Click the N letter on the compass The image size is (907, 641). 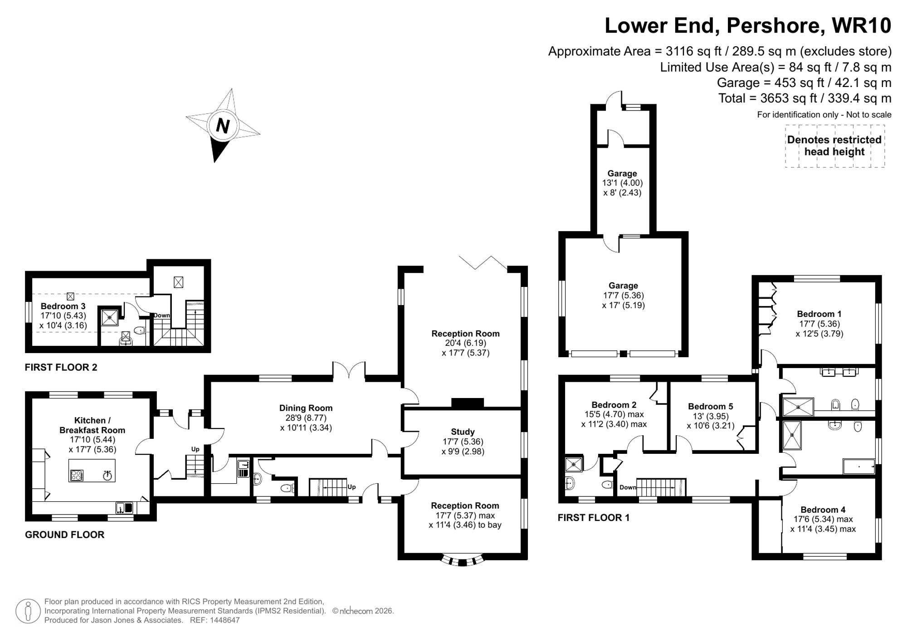pyautogui.click(x=222, y=126)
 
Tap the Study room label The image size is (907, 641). pyautogui.click(x=463, y=432)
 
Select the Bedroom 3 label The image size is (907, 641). pyautogui.click(x=63, y=306)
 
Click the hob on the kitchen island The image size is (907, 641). pyautogui.click(x=77, y=475)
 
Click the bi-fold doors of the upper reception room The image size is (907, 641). pyautogui.click(x=483, y=263)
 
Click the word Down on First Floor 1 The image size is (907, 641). pyautogui.click(x=628, y=487)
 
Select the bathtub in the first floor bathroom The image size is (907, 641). pyautogui.click(x=858, y=466)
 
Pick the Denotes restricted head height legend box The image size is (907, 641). pyautogui.click(x=834, y=146)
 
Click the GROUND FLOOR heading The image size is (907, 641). pyautogui.click(x=64, y=534)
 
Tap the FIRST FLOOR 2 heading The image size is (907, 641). pyautogui.click(x=61, y=367)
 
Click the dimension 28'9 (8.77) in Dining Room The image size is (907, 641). pyautogui.click(x=306, y=418)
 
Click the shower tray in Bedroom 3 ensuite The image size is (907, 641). pyautogui.click(x=110, y=318)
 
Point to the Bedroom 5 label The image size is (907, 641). pyautogui.click(x=710, y=407)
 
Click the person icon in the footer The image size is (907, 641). pyautogui.click(x=28, y=611)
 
